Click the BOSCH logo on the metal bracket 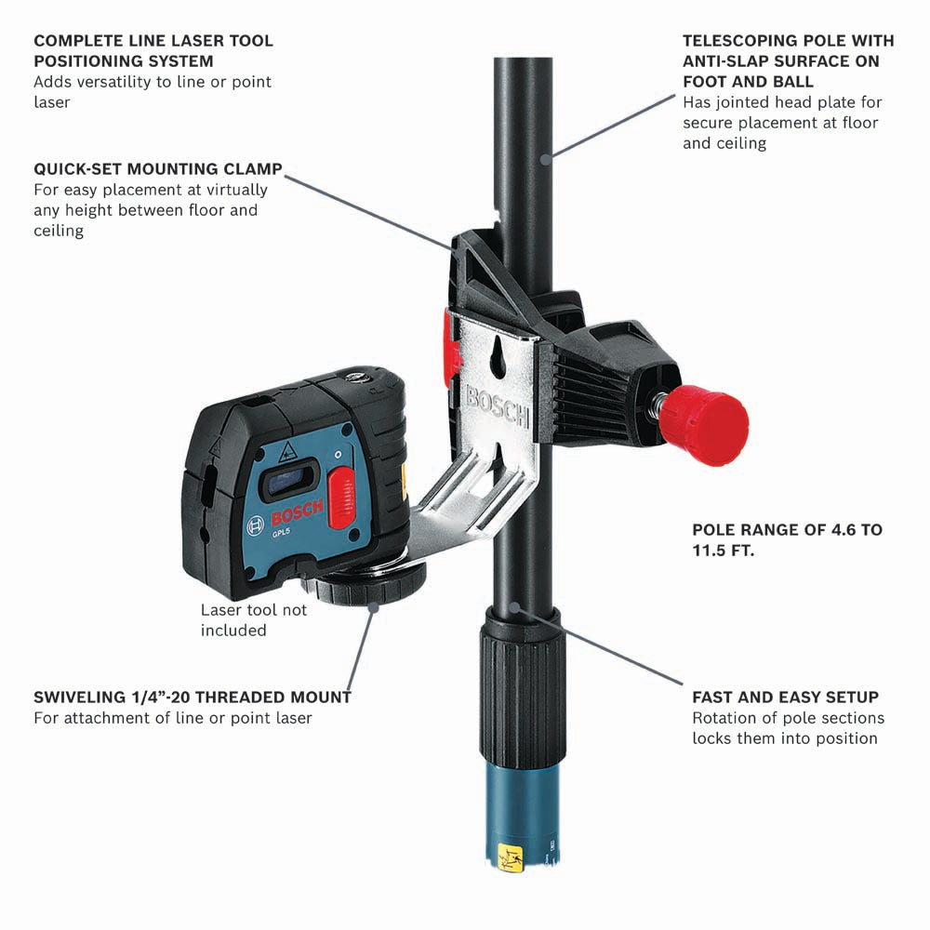point(498,405)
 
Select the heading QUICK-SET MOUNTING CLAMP point(158,170)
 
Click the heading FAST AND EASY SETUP point(785,697)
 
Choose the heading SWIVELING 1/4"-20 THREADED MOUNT point(193,697)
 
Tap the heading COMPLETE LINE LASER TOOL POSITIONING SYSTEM point(153,51)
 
